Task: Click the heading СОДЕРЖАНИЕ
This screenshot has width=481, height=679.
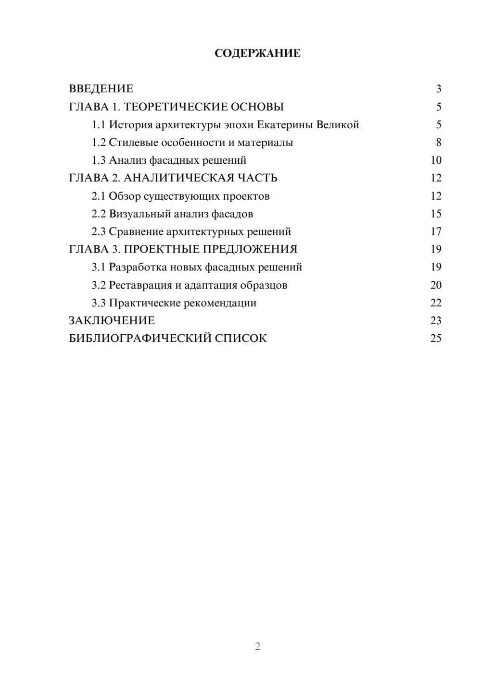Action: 257,53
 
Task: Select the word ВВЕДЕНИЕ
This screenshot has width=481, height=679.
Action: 101,89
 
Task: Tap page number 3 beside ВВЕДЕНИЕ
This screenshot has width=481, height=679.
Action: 438,89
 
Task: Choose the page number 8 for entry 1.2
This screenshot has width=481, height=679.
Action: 438,143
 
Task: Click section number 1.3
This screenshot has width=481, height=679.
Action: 99,160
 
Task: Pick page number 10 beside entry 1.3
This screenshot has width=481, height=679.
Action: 436,160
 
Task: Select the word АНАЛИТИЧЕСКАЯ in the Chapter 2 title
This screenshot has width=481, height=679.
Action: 178,178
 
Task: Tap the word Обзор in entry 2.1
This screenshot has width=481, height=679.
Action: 125,196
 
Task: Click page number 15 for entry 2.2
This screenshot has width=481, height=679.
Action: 436,214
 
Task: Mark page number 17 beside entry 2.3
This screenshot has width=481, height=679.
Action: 436,232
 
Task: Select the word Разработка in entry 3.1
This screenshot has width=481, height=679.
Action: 138,267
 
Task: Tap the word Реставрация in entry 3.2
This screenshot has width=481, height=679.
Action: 140,285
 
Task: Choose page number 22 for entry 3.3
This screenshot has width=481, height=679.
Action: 436,303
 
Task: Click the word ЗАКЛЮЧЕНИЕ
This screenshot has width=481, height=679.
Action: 112,321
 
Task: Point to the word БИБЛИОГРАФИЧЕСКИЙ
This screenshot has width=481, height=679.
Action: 140,339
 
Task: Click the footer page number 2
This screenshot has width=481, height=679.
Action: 257,646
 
